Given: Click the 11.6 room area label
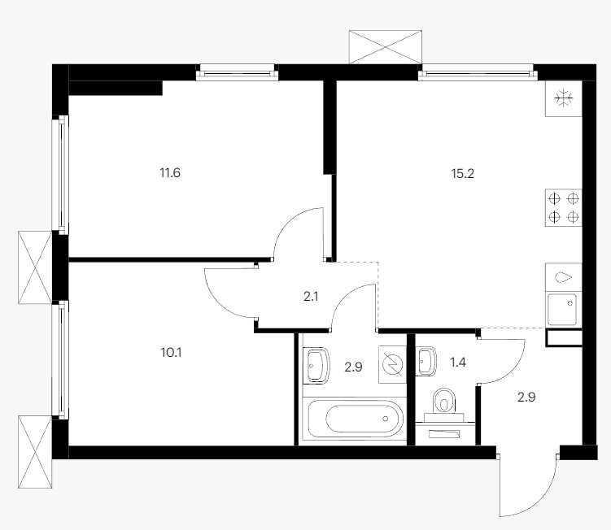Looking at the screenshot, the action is pos(170,172).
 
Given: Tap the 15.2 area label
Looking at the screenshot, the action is pos(463,173).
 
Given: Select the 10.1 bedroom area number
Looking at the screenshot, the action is pos(171,353).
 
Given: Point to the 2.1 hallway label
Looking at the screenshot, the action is pos(311,297).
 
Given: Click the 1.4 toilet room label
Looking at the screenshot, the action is pos(458,363).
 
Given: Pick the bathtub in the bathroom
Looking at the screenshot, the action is pos(355,419).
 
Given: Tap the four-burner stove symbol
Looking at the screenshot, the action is pos(564,207).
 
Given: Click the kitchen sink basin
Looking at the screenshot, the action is pos(562,310).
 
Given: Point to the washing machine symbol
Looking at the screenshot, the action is pos(392,364).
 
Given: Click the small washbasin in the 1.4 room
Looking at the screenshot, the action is pos(426,361).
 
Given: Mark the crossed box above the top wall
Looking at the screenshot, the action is pos(386,46).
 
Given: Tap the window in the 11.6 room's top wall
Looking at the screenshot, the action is pos(238,72).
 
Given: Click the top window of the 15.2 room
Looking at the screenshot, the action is pos(478,72).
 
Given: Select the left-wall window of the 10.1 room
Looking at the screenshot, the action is pos(61,360).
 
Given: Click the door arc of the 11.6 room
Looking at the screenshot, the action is pos(289,221).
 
